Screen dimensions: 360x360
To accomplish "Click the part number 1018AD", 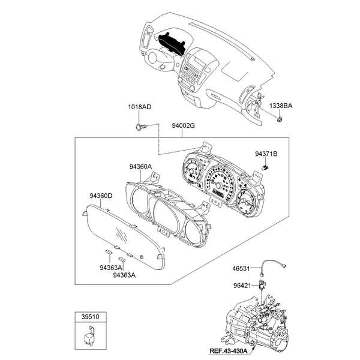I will (x=139, y=107).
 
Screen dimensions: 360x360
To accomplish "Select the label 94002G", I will (x=184, y=125).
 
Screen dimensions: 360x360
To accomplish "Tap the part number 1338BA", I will (x=280, y=106).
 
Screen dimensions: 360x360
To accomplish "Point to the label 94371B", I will (x=266, y=154).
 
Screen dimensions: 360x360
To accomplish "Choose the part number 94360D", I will (x=101, y=196).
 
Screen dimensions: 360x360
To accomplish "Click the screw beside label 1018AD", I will (x=141, y=127).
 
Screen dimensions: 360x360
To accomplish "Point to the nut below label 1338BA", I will (x=280, y=121).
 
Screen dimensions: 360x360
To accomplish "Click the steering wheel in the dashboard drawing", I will (x=157, y=60).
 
